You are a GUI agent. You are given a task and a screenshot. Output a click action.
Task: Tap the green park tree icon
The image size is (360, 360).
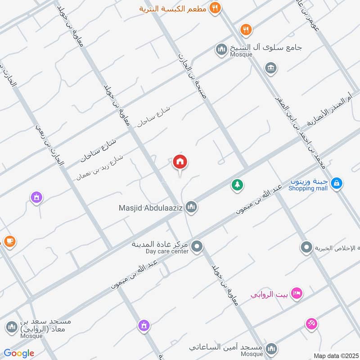pyautogui.click(x=237, y=184)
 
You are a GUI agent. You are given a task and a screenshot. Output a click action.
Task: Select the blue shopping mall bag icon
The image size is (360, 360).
pyautogui.click(x=336, y=183)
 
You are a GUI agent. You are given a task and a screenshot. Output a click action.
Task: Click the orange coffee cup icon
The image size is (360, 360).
pyautogui.click(x=9, y=241)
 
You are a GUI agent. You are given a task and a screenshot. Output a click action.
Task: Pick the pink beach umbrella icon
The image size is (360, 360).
pyautogui.click(x=311, y=323)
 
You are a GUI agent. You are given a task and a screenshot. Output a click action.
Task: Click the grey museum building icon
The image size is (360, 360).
pyautogui.click(x=270, y=68)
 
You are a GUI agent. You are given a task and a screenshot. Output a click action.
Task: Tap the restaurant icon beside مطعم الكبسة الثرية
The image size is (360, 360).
pyautogui.click(x=215, y=8)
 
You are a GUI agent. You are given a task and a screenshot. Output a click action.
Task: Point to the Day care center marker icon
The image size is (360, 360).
pyautogui.click(x=197, y=246)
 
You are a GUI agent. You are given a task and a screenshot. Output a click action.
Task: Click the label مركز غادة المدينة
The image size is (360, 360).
pyautogui.click(x=160, y=244)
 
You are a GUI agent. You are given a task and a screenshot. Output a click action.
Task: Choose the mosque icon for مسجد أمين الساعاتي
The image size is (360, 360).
pyautogui.click(x=271, y=348)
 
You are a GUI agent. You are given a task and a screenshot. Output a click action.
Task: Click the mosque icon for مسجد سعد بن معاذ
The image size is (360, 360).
pyautogui.click(x=11, y=325)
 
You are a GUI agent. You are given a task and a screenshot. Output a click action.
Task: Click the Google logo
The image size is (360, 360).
pyautogui.click(x=19, y=353)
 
